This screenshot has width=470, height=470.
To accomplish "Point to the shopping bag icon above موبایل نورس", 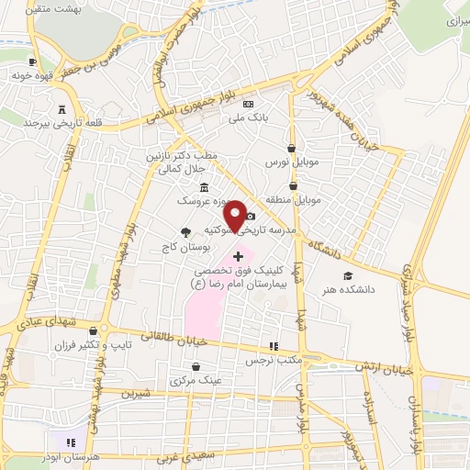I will click(x=291, y=148).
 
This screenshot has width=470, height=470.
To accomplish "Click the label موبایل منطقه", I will click(x=292, y=198).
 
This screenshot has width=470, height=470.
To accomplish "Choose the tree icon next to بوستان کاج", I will click(x=185, y=232).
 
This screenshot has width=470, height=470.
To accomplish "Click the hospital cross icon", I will click(x=239, y=254).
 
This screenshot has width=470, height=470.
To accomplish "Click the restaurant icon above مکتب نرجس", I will click(x=273, y=346).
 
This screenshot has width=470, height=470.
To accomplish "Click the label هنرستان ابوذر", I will click(x=91, y=456).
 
